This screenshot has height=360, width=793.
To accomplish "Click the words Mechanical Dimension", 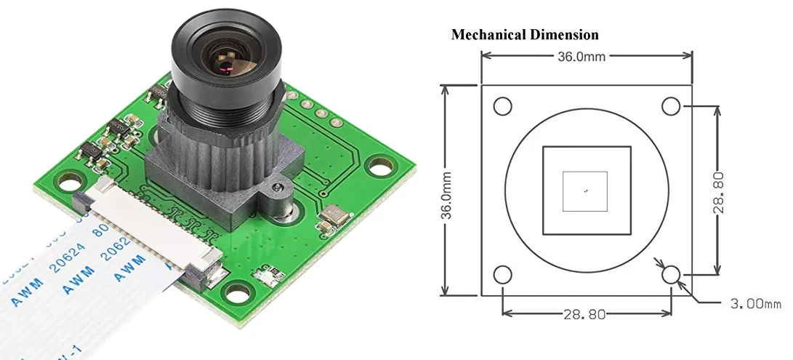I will click(x=525, y=35).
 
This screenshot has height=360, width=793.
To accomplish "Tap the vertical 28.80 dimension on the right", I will click(x=718, y=192).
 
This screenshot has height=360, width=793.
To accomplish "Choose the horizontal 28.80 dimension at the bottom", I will click(x=587, y=314).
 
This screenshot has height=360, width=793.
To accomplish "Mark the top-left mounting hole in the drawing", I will click(x=502, y=106).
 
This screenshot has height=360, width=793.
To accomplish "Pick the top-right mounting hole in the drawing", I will click(x=670, y=106).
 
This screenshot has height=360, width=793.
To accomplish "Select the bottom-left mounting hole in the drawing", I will click(x=502, y=275).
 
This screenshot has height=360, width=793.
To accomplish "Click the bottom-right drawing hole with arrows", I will click(x=670, y=274).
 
